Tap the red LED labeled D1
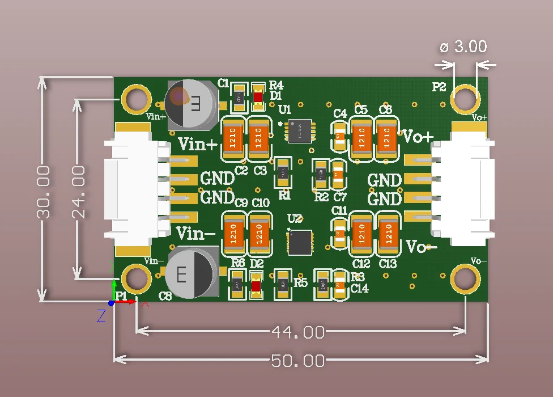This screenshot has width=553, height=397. pyautogui.click(x=258, y=97)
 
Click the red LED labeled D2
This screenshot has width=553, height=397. pyautogui.click(x=256, y=285)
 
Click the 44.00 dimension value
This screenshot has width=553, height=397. pyautogui.click(x=298, y=332)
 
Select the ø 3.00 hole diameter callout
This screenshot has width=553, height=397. pyautogui.click(x=463, y=47)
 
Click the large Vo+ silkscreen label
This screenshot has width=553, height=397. pyautogui.click(x=418, y=137)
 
